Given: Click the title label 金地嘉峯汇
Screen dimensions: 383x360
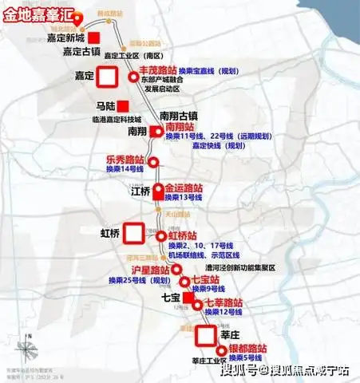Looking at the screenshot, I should pyautogui.click(x=42, y=13).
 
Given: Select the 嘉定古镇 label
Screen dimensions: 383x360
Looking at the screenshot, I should pyautogui.click(x=81, y=52).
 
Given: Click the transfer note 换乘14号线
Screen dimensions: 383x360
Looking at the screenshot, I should pyautogui.click(x=125, y=169).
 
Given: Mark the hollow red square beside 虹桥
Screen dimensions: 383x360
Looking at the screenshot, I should pyautogui.click(x=134, y=233).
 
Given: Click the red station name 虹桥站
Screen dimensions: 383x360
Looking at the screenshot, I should pyautogui.click(x=186, y=235).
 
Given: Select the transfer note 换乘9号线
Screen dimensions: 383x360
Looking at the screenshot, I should pyautogui.click(x=208, y=287).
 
